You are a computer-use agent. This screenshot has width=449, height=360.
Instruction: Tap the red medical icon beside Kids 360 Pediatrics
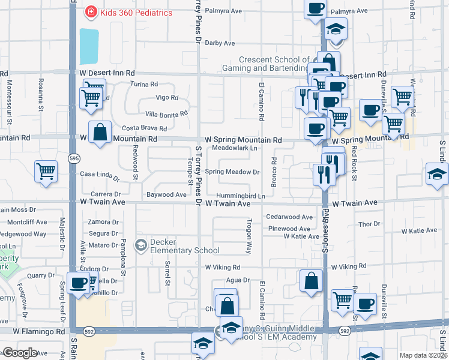tap(91, 11)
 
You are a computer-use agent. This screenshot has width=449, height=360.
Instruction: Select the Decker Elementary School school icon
tap(141, 245)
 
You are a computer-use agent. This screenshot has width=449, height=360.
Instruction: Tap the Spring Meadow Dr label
tap(232, 172)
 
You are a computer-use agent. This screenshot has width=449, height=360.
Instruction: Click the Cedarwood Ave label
tap(290, 217)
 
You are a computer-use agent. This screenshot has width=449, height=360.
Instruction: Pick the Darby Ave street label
tap(220, 43)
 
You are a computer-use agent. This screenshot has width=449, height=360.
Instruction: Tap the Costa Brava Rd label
tap(144, 128)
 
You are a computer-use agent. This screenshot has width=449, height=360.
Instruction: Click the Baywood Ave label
tap(166, 194)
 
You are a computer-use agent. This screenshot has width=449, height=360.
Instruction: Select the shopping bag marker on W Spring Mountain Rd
tap(100, 132)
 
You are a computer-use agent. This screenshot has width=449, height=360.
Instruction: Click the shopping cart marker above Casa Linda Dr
tap(46, 171)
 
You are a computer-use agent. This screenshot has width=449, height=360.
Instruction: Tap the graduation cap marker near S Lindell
tap(437, 174)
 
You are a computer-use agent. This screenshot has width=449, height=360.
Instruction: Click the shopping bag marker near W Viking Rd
tap(312, 281)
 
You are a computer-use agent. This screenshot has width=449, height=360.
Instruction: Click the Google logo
tap(20, 353)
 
